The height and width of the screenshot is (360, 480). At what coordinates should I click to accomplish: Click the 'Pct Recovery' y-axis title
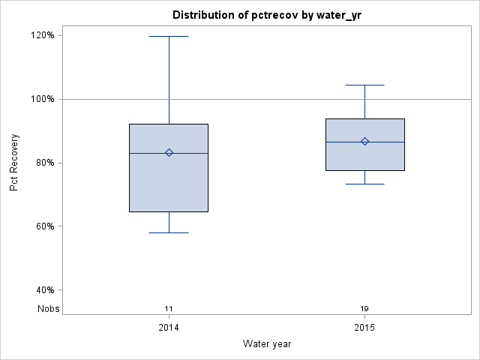click(15, 162)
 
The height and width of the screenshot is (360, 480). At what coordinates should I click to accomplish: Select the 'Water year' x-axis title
click(267, 344)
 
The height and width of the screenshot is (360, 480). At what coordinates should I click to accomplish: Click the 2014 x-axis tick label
click(169, 328)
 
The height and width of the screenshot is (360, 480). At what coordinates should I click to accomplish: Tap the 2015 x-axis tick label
click(365, 328)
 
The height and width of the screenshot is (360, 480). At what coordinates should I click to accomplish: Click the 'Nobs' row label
click(49, 309)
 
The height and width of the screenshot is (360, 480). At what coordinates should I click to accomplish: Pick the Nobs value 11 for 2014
click(169, 309)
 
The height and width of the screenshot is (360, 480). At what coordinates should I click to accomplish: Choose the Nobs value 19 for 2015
click(365, 309)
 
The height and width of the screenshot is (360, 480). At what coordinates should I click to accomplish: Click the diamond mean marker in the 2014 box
click(169, 152)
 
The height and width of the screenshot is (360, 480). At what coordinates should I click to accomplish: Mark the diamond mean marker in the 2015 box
click(365, 141)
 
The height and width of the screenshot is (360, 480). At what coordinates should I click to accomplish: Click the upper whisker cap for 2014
click(169, 36)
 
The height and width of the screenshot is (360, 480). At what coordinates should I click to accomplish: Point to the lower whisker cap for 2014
click(169, 232)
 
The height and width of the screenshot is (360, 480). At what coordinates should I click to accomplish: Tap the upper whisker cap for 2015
click(365, 85)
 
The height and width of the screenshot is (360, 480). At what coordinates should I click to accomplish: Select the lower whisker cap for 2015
click(365, 184)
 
